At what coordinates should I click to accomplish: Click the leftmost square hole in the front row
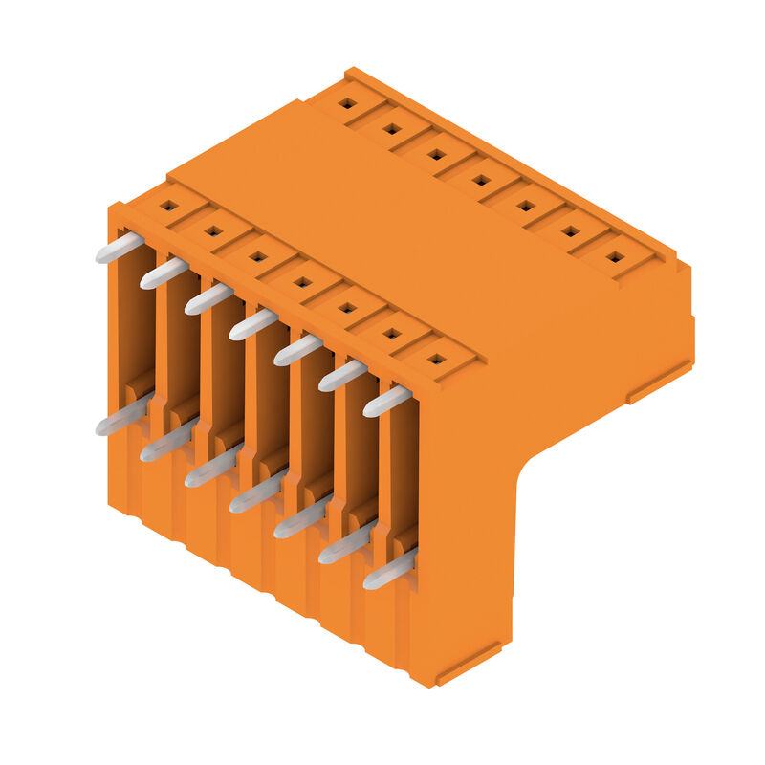tap(169, 206)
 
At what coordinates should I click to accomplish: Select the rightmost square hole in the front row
tap(436, 360)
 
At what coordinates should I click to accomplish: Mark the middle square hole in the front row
tap(302, 282)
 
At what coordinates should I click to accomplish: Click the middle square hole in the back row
tap(481, 179)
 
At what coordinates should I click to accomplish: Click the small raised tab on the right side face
tap(660, 382)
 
